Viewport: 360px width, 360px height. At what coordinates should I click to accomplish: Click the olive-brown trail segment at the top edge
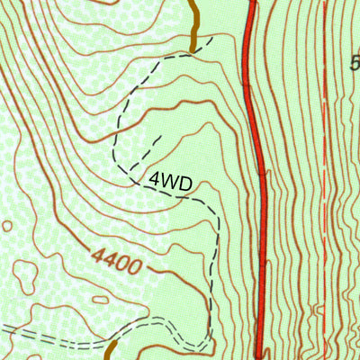tap(193, 22)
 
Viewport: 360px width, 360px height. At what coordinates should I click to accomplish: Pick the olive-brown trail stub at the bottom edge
tap(112, 350)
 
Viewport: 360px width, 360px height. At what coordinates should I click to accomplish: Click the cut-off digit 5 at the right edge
tap(355, 62)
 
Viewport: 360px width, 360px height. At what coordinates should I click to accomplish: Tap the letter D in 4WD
tap(185, 184)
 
